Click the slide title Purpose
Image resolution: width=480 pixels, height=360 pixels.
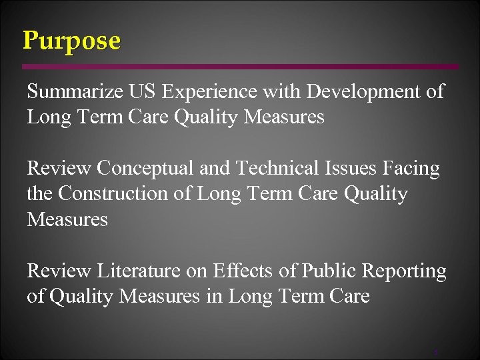click(72, 41)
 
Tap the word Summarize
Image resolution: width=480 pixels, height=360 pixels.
click(72, 92)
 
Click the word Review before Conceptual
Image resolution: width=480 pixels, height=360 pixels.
click(59, 169)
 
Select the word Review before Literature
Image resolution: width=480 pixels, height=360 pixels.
click(59, 271)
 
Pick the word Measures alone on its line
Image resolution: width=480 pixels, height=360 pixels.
click(67, 219)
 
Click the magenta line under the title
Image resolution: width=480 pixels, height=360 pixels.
click(240, 67)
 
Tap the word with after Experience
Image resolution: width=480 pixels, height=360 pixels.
click(277, 92)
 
